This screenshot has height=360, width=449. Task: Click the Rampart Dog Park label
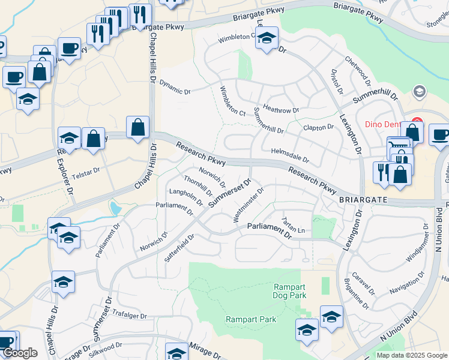click(290, 291)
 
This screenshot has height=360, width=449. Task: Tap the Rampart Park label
click(251, 319)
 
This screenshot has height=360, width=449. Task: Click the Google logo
click(20, 353)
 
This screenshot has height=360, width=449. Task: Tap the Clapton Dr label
click(318, 127)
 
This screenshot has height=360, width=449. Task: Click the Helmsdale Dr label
click(289, 156)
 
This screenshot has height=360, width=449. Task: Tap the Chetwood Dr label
click(358, 72)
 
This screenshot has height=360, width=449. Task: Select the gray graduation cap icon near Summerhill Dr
click(418, 92)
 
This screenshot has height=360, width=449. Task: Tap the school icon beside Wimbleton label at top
click(267, 38)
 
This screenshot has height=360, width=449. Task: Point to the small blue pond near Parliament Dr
click(115, 209)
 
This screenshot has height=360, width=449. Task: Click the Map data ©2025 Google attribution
click(411, 355)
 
